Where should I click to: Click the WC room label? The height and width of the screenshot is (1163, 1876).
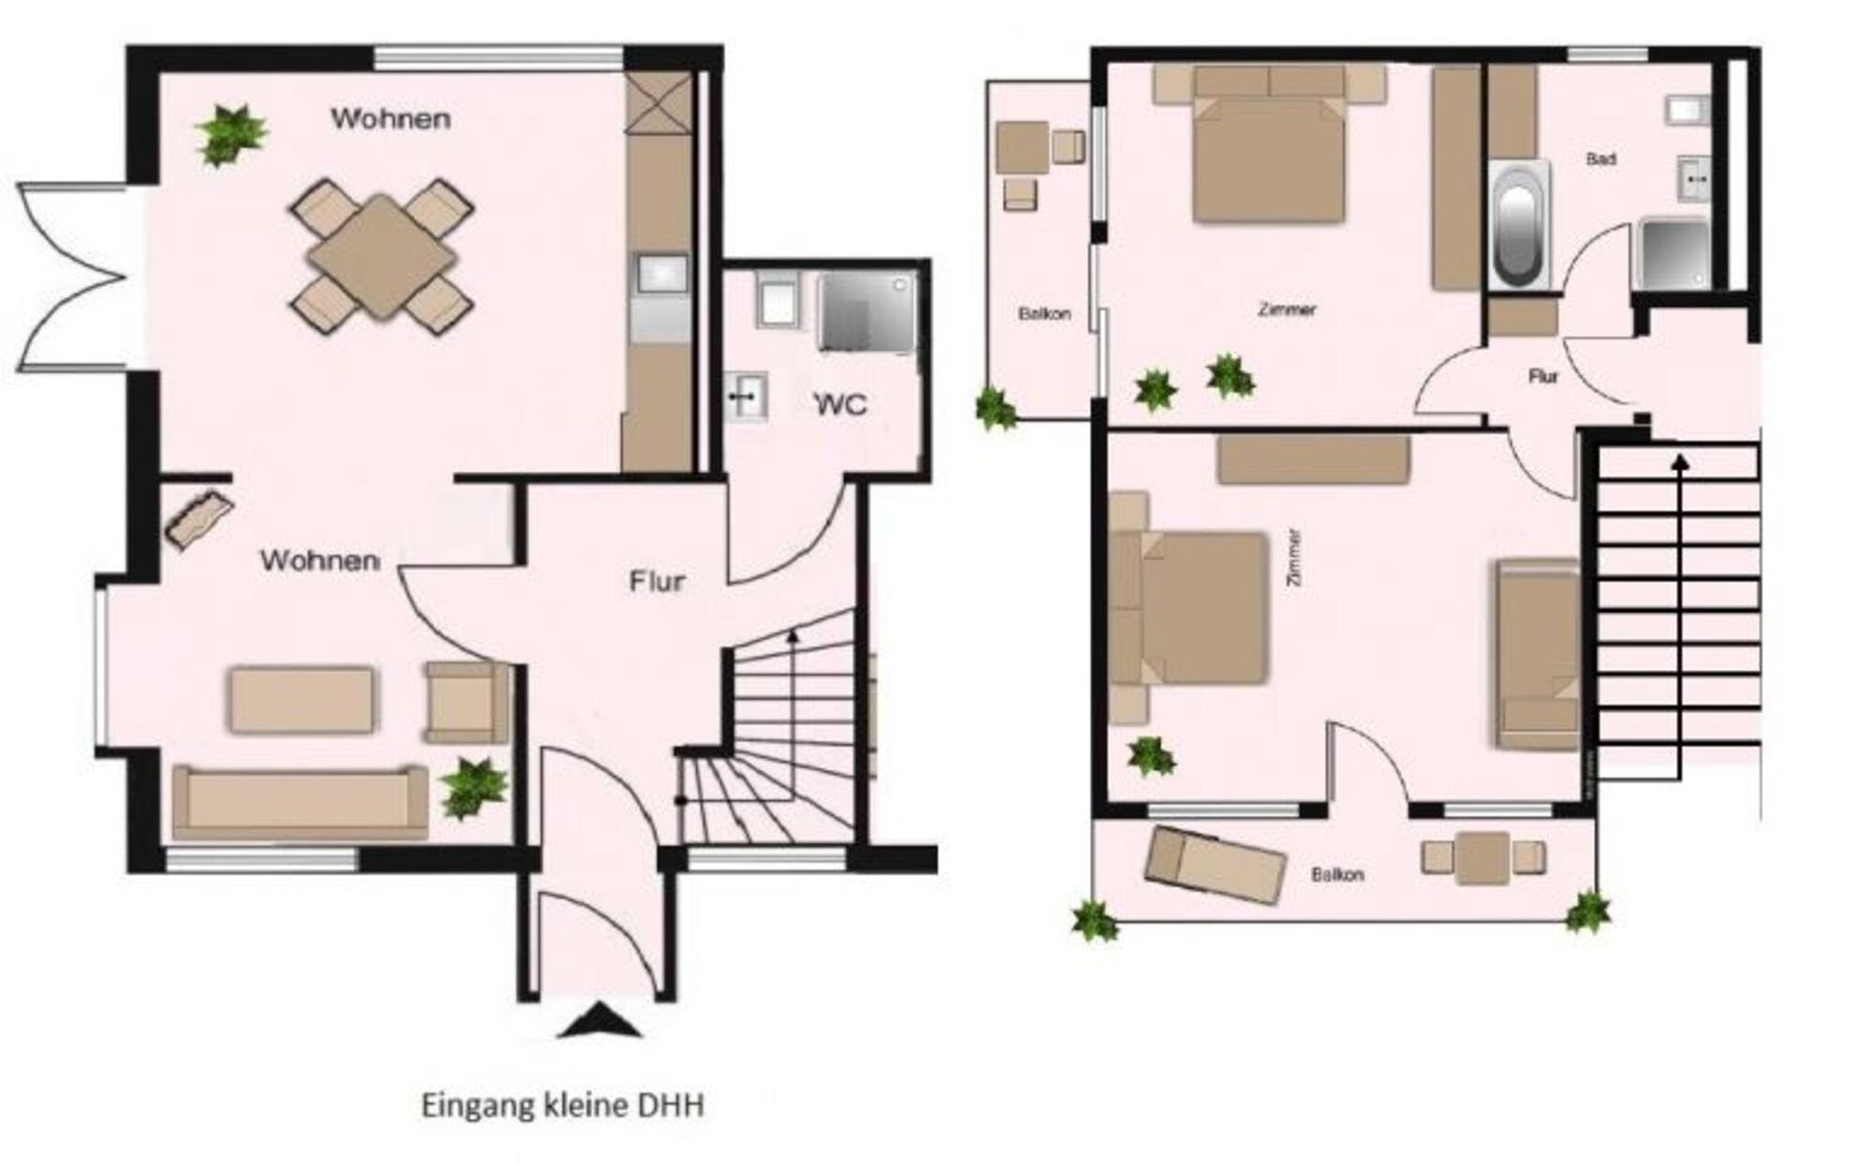pos(841,405)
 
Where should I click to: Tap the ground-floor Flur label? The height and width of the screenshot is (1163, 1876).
pos(657,582)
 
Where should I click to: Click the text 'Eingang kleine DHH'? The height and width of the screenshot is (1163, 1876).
pos(563,1106)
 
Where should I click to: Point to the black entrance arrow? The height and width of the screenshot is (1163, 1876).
pos(599,1020)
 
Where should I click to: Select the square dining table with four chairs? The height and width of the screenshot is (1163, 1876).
pos(381,256)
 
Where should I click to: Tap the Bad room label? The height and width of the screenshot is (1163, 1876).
pos(1600,159)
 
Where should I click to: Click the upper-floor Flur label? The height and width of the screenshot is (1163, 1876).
pos(1543,377)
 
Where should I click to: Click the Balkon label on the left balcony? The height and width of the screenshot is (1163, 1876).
pos(1044,314)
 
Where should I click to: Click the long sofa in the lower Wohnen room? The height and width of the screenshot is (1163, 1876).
pos(300,802)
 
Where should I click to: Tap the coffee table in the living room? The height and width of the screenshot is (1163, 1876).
pos(302,700)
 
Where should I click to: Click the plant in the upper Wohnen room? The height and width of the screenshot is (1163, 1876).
pos(229,135)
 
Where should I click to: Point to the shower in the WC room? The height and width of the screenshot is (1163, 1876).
pos(867,313)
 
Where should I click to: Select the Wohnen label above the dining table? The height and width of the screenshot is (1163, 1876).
pos(390,119)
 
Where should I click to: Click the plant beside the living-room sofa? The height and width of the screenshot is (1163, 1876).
pos(475,788)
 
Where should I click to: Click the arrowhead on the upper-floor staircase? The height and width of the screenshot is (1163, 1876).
pos(1679,461)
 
